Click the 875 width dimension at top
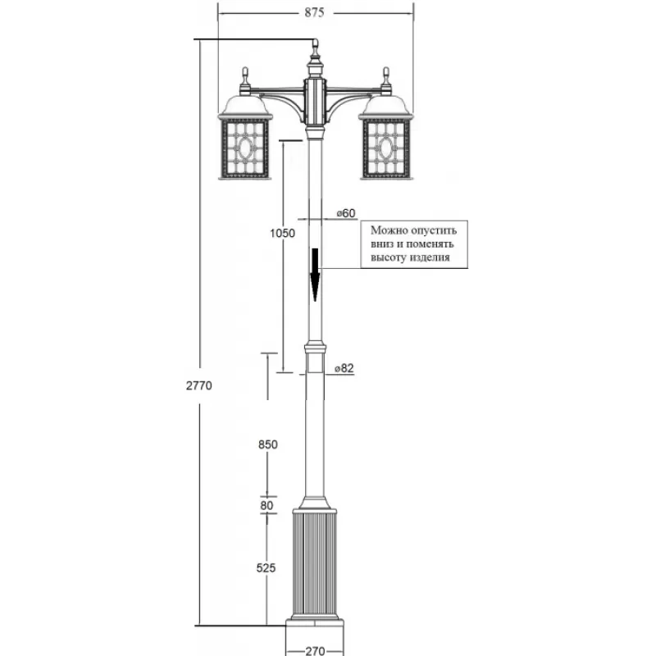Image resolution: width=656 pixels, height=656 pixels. coord(315,12)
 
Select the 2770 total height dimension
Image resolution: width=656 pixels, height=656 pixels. coord(198,386)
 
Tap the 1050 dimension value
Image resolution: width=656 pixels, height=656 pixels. coord(281,233)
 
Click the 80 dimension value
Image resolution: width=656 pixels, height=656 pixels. coord(266,505)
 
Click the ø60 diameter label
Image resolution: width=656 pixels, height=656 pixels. coord(345,213)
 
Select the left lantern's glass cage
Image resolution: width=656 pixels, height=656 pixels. coord(244,148)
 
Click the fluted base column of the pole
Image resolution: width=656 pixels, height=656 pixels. coord(315,562)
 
